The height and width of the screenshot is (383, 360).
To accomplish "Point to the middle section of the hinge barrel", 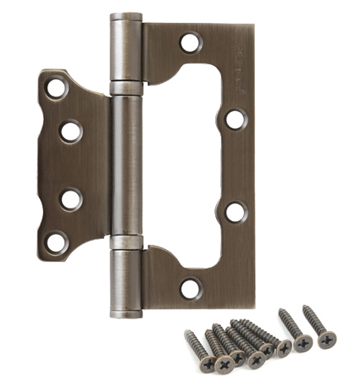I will pyautogui.click(x=126, y=165).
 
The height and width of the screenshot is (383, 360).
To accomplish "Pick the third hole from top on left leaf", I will pyautogui.click(x=71, y=199).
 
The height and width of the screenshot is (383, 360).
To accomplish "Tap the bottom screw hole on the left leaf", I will pyautogui.click(x=56, y=242).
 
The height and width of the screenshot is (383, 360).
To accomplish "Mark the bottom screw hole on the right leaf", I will pyautogui.click(x=191, y=288).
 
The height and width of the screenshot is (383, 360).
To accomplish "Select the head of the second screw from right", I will pyautogui.click(x=302, y=347).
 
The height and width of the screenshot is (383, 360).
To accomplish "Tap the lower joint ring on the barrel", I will pyautogui.click(x=126, y=244).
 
